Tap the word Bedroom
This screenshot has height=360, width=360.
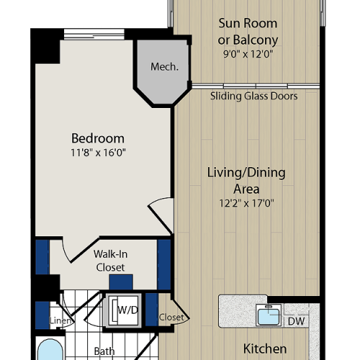coord(98,138)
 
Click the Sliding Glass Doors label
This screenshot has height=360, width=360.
coord(253,96)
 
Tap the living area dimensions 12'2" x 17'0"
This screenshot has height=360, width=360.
coord(246,202)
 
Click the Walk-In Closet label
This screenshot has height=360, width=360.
coord(110,260)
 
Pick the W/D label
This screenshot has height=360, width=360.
coord(127,310)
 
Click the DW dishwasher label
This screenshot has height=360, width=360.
coord(295,322)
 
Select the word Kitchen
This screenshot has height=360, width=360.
coord(264,348)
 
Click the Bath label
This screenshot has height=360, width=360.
coord(105,351)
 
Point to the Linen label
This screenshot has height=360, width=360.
coord(60,320)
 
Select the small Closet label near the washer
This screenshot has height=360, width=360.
coord(173,317)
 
